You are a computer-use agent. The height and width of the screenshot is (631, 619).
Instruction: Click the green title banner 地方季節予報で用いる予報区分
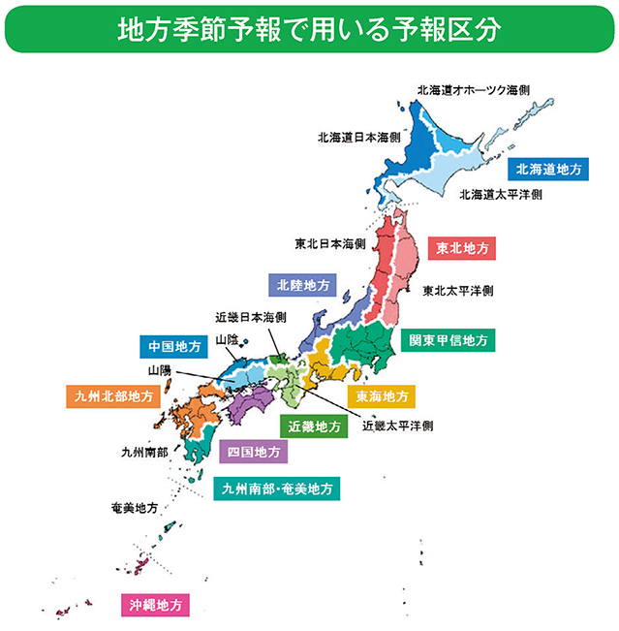coord(309,30)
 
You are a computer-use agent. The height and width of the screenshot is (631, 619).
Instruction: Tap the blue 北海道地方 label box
coord(548,169)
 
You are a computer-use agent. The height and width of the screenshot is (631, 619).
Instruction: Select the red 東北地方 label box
coord(462,249)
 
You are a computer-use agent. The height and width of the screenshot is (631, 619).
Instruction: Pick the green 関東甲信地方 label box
coord(448,340)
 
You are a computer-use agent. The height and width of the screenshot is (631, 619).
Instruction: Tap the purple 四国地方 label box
coord(253,452)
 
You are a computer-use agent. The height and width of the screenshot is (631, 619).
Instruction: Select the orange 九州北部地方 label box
coord(112,396)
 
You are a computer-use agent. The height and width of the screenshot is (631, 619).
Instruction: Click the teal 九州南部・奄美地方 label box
coord(277,489)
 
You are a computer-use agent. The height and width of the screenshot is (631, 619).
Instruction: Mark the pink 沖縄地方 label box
coord(155,605)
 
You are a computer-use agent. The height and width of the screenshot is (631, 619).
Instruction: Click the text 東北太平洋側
coord(459,290)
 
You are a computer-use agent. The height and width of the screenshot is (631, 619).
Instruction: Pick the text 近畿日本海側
coord(251,316)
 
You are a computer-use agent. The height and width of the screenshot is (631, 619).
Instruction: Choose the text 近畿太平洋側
coord(397,425)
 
